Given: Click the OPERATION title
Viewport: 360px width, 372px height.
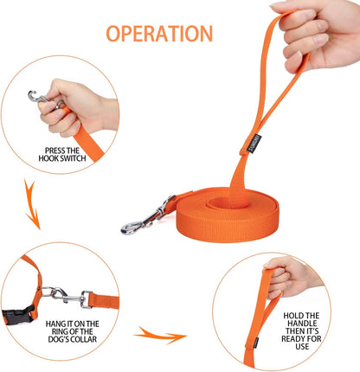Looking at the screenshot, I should (158, 34).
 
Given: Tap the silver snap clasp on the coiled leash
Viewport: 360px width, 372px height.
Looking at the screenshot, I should (140, 223).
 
